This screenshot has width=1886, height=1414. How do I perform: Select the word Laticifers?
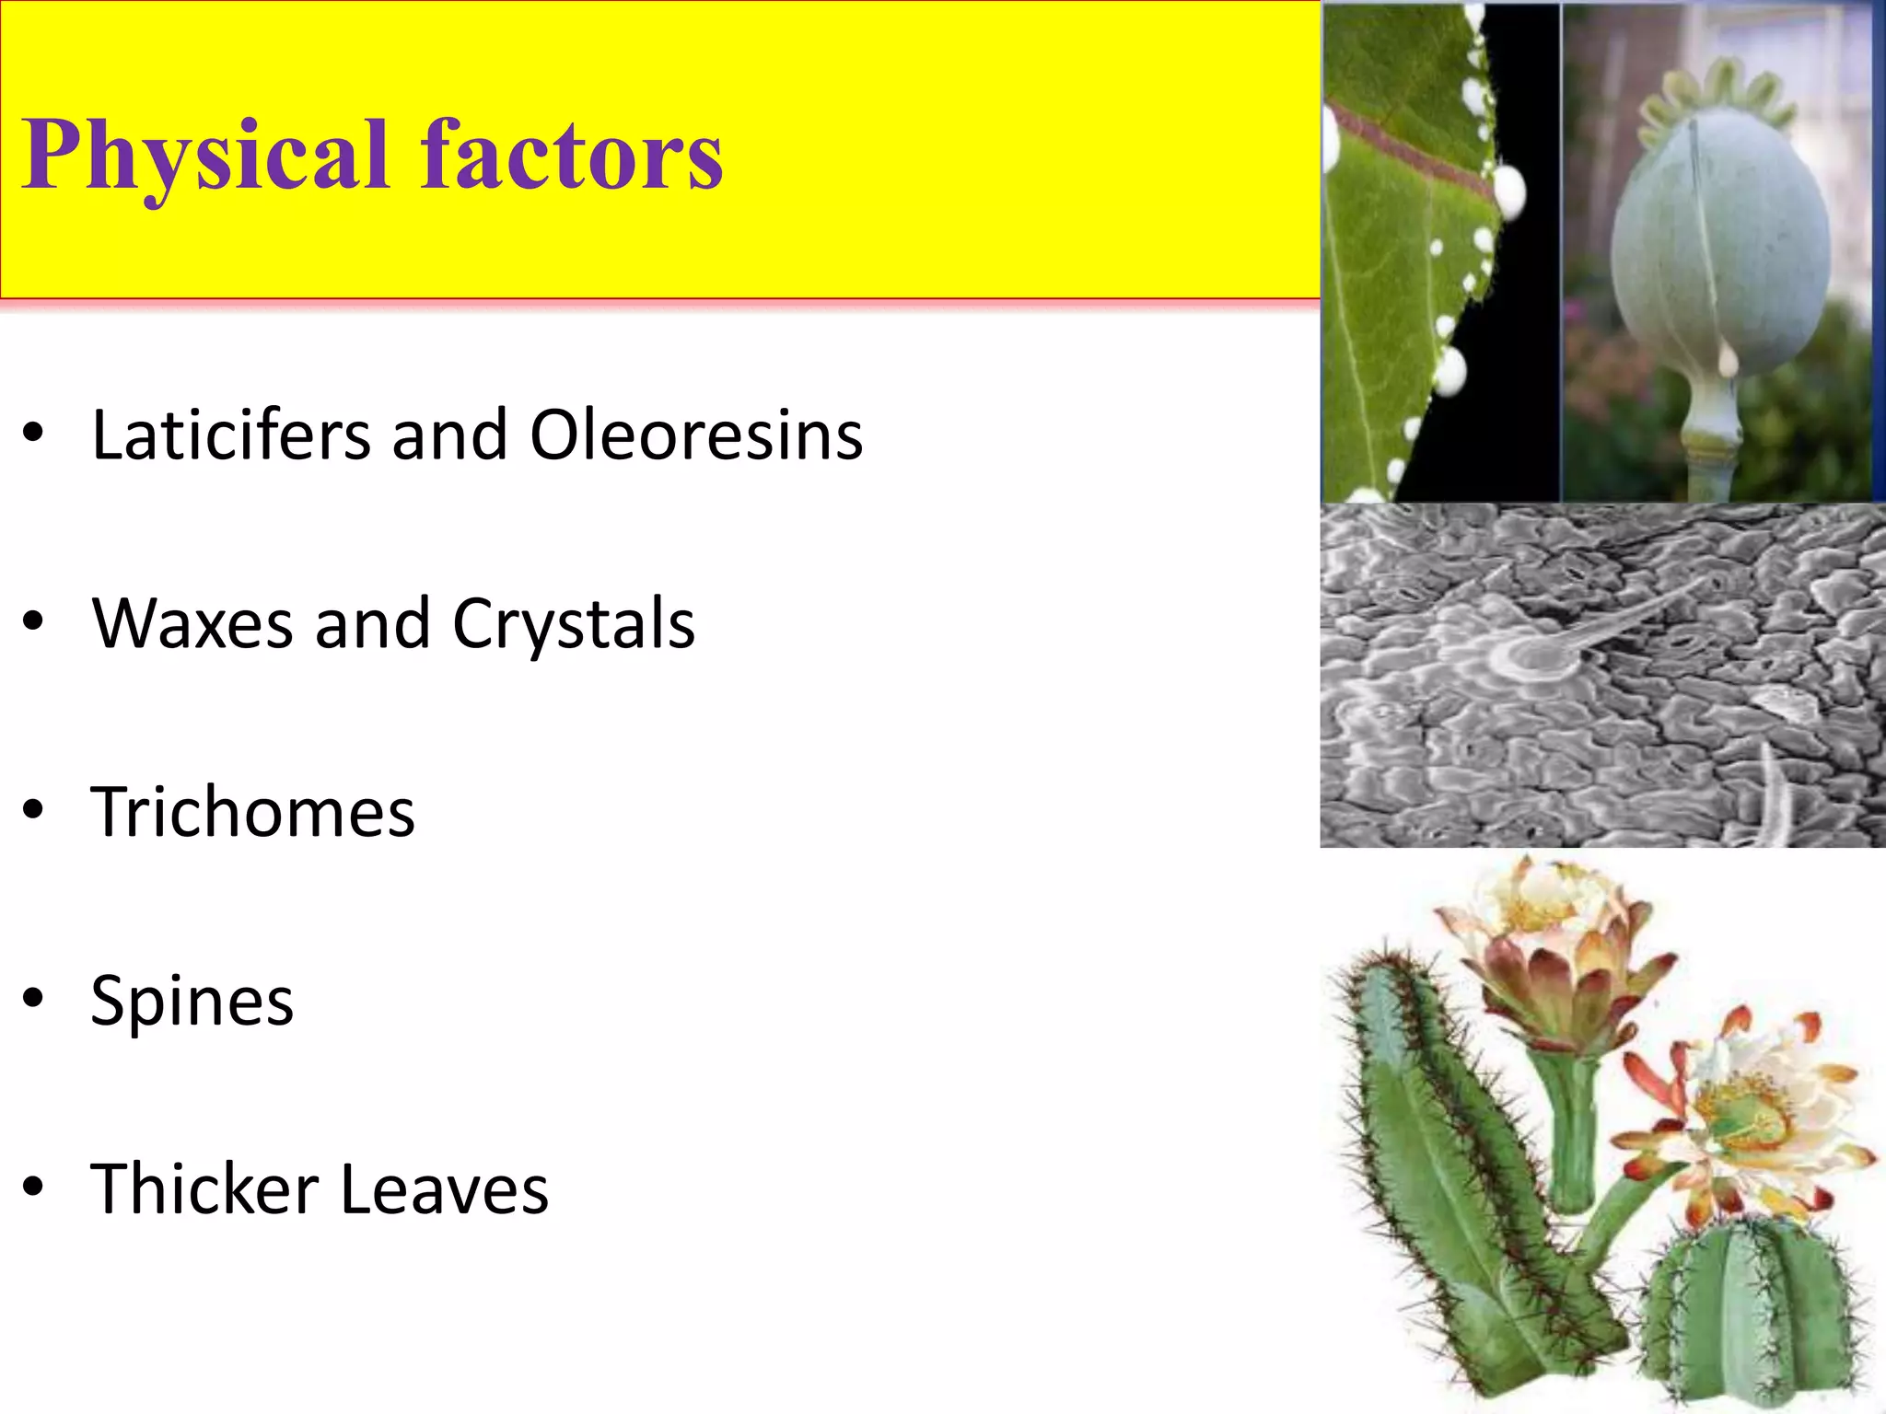pyautogui.click(x=230, y=435)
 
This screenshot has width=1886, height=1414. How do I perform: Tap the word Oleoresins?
pyautogui.click(x=696, y=435)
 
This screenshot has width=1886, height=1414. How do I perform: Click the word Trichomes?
pyautogui.click(x=253, y=812)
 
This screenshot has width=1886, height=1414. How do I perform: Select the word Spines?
pyautogui.click(x=192, y=1002)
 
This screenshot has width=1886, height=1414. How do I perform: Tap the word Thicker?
pyautogui.click(x=204, y=1188)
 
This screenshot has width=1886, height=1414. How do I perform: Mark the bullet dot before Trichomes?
pyautogui.click(x=34, y=810)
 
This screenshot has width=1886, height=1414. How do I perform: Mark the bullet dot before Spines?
pyautogui.click(x=34, y=999)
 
